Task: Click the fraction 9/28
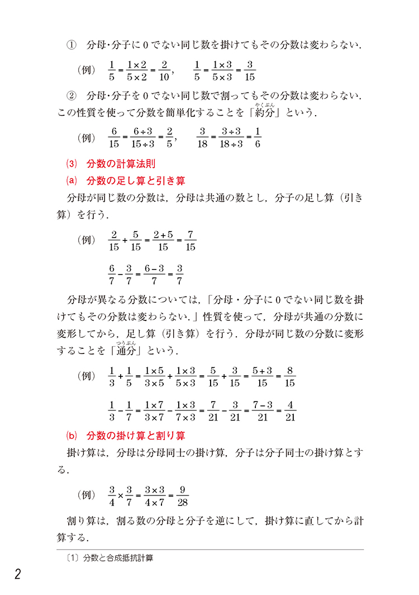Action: coord(181,495)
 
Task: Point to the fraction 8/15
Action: coord(289,377)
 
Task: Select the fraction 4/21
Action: coord(289,411)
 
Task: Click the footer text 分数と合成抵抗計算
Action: coord(117,558)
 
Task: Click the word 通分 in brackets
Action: coord(127,351)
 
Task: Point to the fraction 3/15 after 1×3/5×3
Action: coord(250,71)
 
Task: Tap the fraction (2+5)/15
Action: coord(163,240)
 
